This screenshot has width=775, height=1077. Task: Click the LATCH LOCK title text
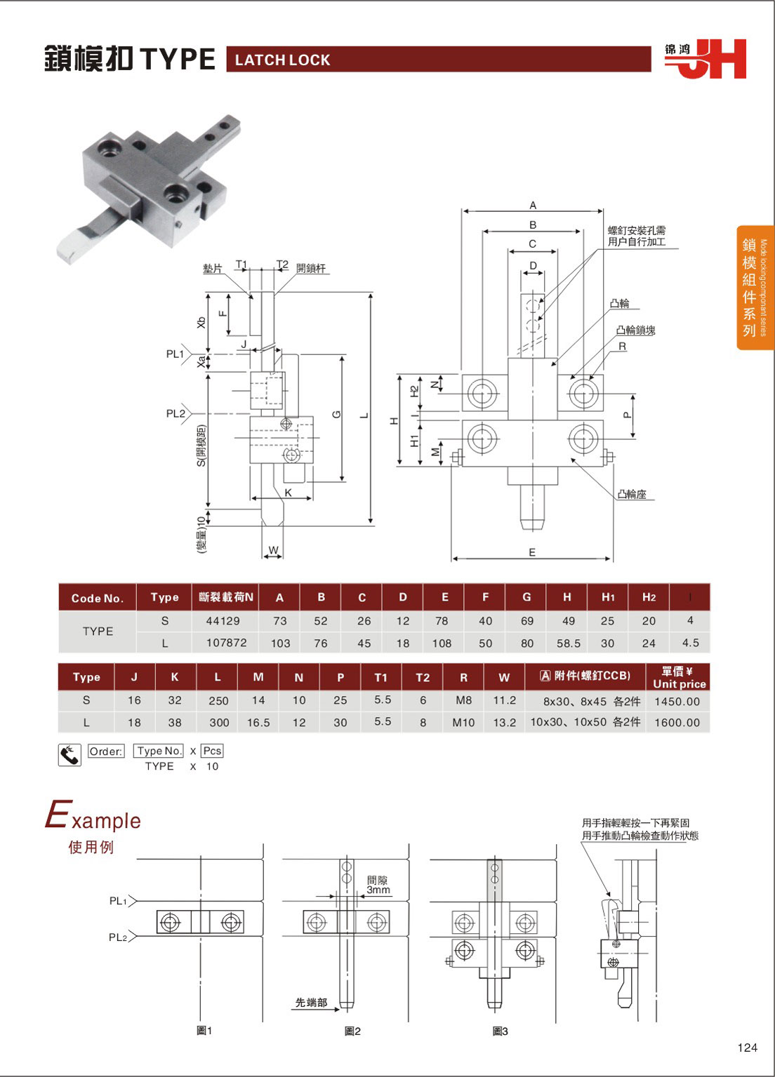pyautogui.click(x=282, y=60)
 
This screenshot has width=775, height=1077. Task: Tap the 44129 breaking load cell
pyautogui.click(x=223, y=621)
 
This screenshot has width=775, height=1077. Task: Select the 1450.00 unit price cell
pyautogui.click(x=677, y=701)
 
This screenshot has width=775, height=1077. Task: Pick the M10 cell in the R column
pyautogui.click(x=463, y=722)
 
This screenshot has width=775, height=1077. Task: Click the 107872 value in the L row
pyautogui.click(x=226, y=643)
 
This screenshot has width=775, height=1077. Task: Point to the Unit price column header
pyautogui.click(x=679, y=678)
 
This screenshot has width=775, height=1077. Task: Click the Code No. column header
pyautogui.click(x=97, y=598)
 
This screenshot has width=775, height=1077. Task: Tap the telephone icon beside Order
pyautogui.click(x=69, y=755)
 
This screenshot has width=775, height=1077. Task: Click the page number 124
pyautogui.click(x=747, y=1048)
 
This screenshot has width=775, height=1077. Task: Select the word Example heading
pyautogui.click(x=93, y=818)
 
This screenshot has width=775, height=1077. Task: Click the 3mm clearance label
pyautogui.click(x=378, y=890)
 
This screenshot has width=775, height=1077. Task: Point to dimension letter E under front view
pyautogui.click(x=532, y=552)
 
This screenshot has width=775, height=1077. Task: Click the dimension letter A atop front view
pyautogui.click(x=533, y=205)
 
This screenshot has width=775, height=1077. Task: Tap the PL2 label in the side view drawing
pyautogui.click(x=175, y=414)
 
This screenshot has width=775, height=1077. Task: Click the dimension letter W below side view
pyautogui.click(x=273, y=550)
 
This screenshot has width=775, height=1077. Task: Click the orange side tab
pyautogui.click(x=755, y=288)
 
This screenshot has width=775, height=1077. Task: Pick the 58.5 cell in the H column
pyautogui.click(x=568, y=643)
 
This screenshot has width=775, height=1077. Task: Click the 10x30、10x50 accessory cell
pyautogui.click(x=585, y=722)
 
